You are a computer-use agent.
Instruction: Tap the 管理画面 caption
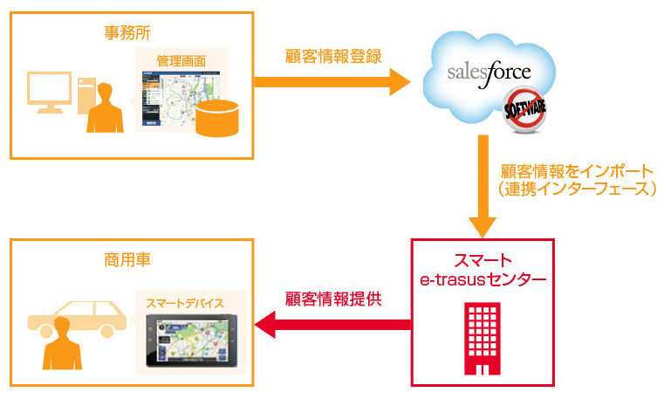point(181,61)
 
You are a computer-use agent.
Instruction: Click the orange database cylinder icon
point(216,119)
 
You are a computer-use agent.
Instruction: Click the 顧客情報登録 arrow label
point(334,58)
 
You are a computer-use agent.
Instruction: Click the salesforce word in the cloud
point(489,72)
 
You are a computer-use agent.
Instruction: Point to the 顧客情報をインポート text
point(576,169)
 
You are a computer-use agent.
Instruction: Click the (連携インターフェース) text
point(575,189)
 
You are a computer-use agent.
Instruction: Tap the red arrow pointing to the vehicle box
point(332,325)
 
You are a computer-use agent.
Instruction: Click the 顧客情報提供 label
point(334,299)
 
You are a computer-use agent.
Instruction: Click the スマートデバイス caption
point(185,303)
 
